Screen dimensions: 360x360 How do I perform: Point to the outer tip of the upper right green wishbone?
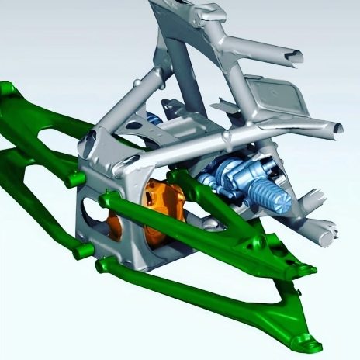(308, 269)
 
